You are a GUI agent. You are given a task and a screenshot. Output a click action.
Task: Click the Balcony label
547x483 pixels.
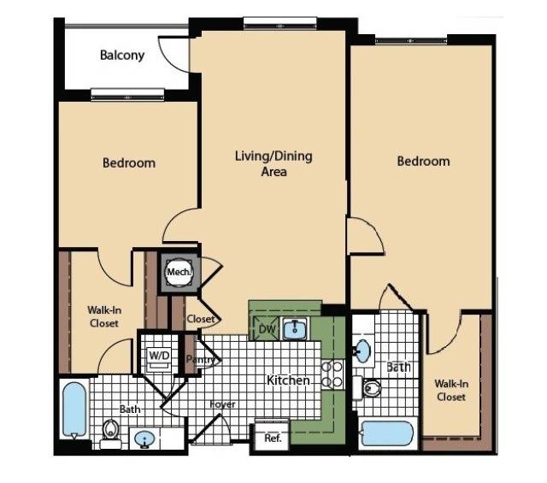pyautogui.click(x=122, y=56)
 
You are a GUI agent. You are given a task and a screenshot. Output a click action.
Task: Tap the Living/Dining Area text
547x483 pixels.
pyautogui.click(x=273, y=163)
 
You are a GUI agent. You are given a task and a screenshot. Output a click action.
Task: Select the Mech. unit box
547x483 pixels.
pyautogui.click(x=179, y=273)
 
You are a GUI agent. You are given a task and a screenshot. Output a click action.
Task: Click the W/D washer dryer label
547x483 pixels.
pyautogui.click(x=159, y=354)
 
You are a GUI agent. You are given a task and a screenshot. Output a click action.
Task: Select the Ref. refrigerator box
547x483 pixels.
pyautogui.click(x=273, y=438)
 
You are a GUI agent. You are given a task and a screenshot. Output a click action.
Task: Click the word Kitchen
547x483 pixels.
pyautogui.click(x=287, y=380)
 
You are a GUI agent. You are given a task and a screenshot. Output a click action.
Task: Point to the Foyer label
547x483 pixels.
pyautogui.click(x=223, y=404)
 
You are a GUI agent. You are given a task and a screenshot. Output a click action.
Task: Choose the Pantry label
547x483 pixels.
pyautogui.click(x=199, y=360)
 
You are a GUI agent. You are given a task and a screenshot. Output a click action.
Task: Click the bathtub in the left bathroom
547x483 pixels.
pyautogui.click(x=75, y=409)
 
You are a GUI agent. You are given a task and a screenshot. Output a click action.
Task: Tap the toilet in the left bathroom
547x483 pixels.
pyautogui.click(x=111, y=430)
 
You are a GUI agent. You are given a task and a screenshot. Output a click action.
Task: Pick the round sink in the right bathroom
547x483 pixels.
pyautogui.click(x=362, y=350)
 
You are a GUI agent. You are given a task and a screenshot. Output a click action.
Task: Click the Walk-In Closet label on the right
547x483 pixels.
pyautogui.click(x=450, y=390)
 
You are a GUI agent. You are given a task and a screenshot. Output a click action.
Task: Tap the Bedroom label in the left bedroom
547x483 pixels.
pyautogui.click(x=129, y=162)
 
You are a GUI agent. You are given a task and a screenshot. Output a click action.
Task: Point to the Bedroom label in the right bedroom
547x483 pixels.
pyautogui.click(x=423, y=161)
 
